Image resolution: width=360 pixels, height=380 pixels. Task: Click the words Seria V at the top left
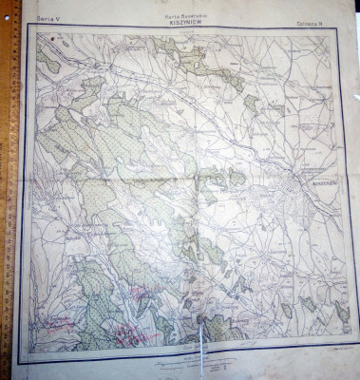(x=47, y=17)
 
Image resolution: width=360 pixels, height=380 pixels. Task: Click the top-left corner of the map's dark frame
(x=26, y=28)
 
